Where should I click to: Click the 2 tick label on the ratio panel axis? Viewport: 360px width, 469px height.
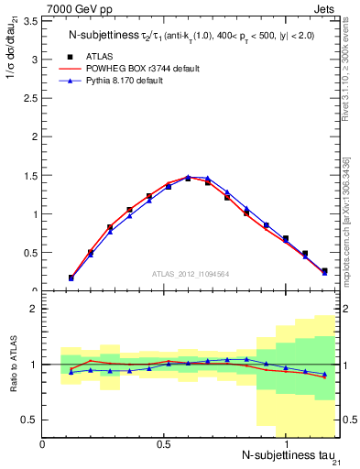[35, 310]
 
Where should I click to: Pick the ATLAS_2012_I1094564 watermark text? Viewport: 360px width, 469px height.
[191, 273]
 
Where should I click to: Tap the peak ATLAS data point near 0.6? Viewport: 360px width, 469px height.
[188, 179]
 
